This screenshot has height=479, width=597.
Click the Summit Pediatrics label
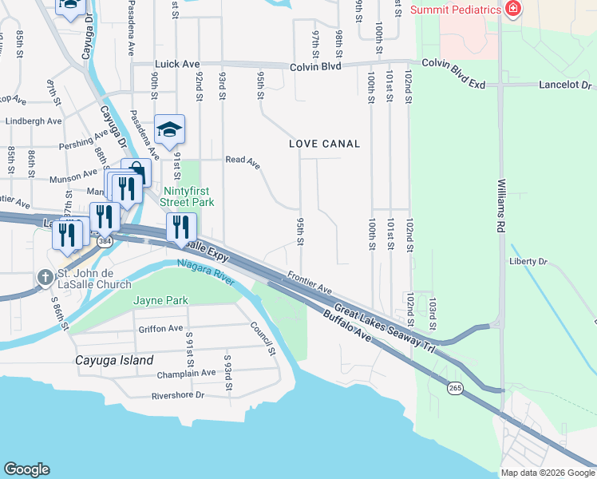(456, 10)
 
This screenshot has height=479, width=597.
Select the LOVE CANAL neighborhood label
(324, 144)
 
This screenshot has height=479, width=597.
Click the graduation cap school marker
(169, 129)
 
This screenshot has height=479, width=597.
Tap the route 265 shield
(455, 388)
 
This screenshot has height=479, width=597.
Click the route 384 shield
(105, 241)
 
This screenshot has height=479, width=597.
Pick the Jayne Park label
(160, 301)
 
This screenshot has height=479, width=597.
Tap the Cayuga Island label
(113, 360)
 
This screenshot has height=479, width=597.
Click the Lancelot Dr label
(564, 84)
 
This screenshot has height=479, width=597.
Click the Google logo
(27, 469)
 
